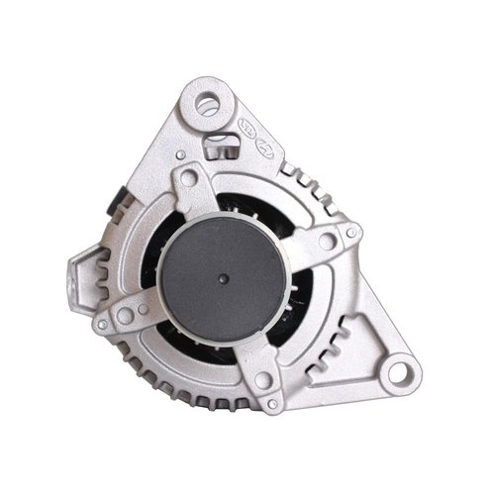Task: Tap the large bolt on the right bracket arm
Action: (x=327, y=238)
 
